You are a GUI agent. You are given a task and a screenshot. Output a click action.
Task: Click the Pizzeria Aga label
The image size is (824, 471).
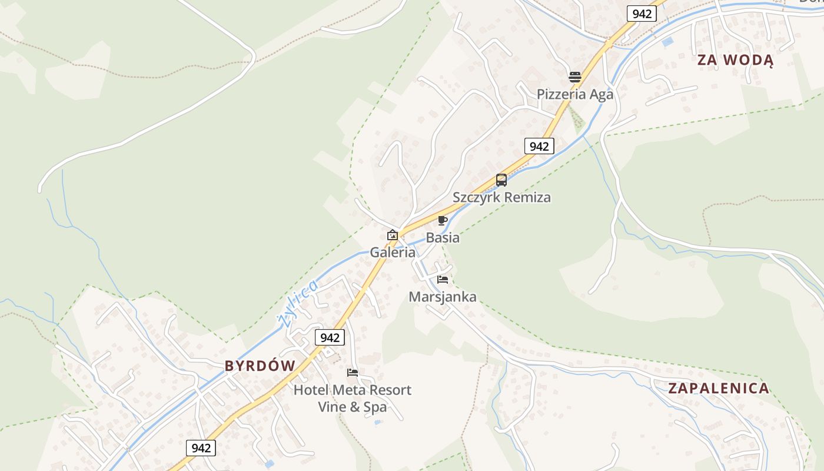point(574,94)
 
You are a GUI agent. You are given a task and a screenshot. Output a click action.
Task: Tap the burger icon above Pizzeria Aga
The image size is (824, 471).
point(575,77)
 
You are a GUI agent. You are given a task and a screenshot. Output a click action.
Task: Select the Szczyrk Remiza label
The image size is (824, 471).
point(501,197)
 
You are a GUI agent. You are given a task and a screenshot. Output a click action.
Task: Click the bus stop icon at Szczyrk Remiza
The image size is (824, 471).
point(501,180)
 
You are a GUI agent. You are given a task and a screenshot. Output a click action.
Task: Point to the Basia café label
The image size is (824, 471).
point(443,238)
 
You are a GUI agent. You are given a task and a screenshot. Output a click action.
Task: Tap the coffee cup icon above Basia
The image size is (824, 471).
point(443,221)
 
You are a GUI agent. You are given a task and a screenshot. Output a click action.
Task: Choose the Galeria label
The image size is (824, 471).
point(393,253)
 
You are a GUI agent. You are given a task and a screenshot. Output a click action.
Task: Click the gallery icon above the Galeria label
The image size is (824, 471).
point(393,235)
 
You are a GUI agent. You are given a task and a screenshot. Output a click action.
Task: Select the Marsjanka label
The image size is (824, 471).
point(443,297)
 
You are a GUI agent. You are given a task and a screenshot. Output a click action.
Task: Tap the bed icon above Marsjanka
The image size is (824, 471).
point(443,280)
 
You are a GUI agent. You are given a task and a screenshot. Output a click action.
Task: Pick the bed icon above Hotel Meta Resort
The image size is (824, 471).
point(353,373)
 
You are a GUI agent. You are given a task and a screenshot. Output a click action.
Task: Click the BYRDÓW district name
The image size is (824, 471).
point(260,366)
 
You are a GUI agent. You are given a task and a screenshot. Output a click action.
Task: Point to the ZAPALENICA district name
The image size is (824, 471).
point(719,388)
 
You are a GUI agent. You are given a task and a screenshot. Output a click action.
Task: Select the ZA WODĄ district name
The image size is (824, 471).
point(735,60)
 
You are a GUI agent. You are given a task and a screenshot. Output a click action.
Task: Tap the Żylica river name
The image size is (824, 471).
point(298,303)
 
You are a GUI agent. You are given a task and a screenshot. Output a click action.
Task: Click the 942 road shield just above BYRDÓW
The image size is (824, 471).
point(330,337)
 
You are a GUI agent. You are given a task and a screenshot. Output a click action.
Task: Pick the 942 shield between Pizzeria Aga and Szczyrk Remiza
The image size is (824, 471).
point(539,146)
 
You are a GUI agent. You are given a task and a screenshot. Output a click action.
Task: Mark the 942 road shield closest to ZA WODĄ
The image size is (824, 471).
point(642,14)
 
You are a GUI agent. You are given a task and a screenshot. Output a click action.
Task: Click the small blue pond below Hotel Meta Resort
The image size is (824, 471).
point(377,422)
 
